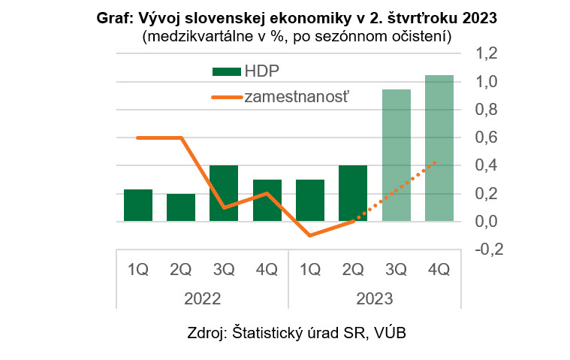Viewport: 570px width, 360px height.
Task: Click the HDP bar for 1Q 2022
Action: (x=137, y=205)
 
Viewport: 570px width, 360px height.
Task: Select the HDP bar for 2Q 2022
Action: (x=181, y=207)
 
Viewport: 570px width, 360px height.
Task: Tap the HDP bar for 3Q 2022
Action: (x=224, y=193)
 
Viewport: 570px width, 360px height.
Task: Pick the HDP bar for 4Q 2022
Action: (x=267, y=201)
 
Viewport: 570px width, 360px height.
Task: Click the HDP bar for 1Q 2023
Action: (x=310, y=201)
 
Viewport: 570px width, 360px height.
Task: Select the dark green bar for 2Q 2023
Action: (x=353, y=193)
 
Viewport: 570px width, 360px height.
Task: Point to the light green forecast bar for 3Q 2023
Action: (x=397, y=156)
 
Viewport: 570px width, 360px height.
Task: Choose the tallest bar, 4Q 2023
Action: (x=439, y=148)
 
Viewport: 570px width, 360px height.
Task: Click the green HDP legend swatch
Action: (x=226, y=71)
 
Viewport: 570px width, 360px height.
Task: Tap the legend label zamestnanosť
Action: (x=298, y=96)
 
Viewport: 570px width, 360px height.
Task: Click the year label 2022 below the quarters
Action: (x=202, y=298)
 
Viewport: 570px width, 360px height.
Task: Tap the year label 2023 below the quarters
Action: (x=375, y=298)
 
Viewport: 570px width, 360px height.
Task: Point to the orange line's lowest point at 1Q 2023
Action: (x=310, y=235)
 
